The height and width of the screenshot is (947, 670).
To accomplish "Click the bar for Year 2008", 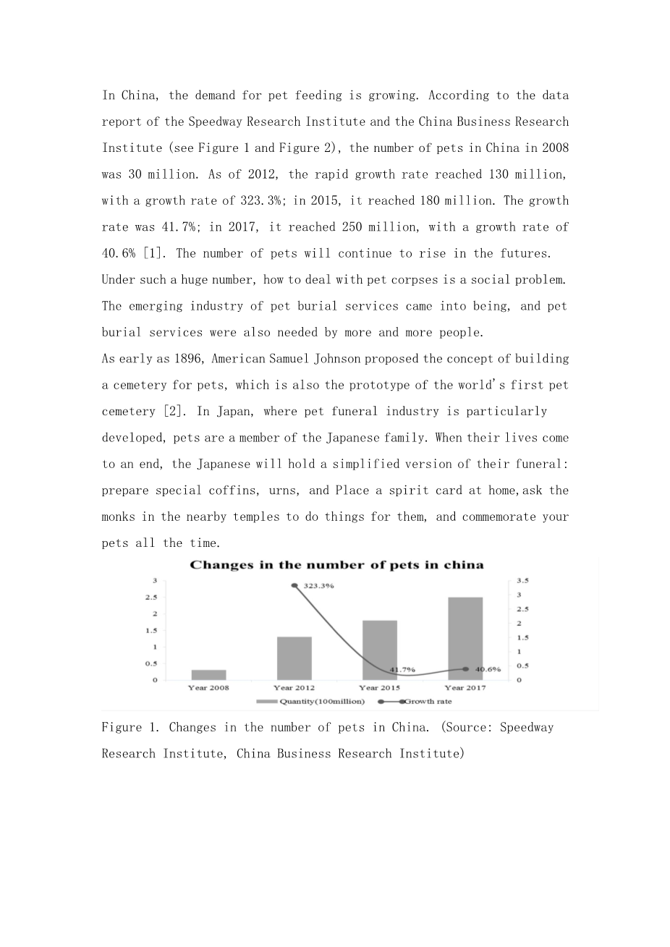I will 208,675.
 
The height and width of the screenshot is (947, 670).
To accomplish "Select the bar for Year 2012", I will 294,658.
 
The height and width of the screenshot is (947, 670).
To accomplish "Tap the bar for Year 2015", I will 380,650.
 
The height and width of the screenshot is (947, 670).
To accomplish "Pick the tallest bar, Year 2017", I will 465,638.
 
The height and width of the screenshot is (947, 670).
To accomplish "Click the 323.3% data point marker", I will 294,586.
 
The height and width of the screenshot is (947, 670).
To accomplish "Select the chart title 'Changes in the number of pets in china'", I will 336,565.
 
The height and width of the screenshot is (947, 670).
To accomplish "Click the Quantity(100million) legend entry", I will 310,701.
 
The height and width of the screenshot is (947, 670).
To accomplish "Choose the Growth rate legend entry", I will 416,701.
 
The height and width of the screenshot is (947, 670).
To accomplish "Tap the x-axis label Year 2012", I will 294,687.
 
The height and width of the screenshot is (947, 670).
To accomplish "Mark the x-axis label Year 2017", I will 465,687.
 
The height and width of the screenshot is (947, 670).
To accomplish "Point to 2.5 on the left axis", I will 152,598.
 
